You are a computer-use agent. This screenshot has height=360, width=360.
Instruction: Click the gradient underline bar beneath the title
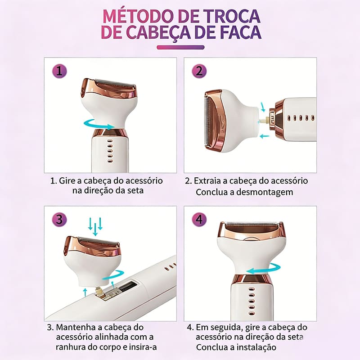click(x=180, y=47)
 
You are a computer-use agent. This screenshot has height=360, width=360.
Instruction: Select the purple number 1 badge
click(x=59, y=71)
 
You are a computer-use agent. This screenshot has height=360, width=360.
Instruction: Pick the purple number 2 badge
click(x=199, y=71)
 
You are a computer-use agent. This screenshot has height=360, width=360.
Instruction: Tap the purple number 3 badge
click(x=59, y=219)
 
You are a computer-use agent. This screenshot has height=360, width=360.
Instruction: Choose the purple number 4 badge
click(x=199, y=219)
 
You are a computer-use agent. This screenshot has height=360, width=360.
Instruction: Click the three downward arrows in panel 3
click(x=95, y=226)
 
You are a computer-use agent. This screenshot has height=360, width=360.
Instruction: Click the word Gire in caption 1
click(x=67, y=181)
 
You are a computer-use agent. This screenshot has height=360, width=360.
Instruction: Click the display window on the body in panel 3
click(x=128, y=286)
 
